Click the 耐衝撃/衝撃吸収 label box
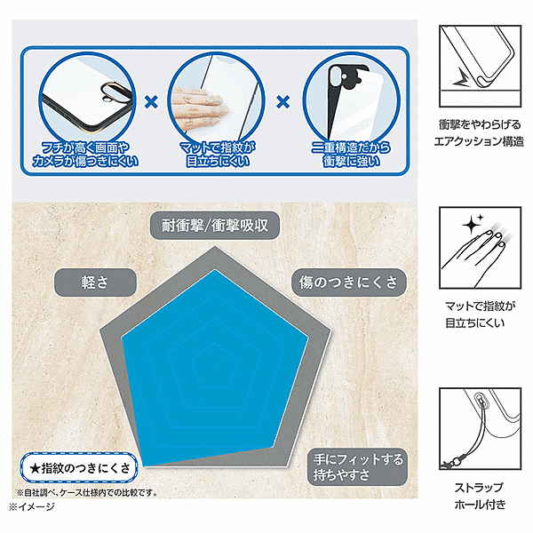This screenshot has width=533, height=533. (x=215, y=226)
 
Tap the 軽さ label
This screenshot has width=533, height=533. (x=95, y=282)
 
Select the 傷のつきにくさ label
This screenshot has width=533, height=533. (x=349, y=282)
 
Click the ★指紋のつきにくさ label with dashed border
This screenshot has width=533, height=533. (x=79, y=468)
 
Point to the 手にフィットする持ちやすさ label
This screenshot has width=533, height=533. (x=357, y=467)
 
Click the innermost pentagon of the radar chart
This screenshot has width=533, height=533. (x=214, y=366)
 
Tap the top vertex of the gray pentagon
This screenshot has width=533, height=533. (x=215, y=246)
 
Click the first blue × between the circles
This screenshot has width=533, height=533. (x=151, y=101)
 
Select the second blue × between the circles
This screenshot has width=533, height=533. (x=283, y=101)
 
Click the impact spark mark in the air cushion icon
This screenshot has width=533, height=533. (x=462, y=77)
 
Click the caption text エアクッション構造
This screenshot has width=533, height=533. (x=479, y=141)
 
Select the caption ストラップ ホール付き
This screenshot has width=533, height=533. (x=480, y=496)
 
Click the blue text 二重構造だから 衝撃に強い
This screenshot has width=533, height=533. (x=351, y=155)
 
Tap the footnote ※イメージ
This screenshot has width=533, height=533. (x=32, y=507)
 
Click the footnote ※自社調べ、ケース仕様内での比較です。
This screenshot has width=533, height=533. (x=87, y=492)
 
